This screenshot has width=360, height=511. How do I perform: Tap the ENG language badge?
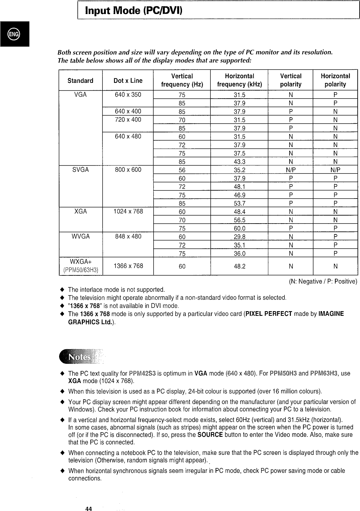(14, 34)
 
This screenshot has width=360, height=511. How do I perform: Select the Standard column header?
(80, 81)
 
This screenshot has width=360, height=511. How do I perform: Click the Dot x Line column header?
(128, 81)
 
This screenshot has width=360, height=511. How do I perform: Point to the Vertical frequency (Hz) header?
(182, 80)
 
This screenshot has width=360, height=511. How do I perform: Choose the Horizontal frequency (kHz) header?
(239, 80)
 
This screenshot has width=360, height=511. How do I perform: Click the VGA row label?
(80, 95)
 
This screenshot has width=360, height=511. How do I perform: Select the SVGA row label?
(80, 170)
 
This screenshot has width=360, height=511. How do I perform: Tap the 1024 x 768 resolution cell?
(128, 212)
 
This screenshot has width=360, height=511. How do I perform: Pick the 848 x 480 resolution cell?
(128, 237)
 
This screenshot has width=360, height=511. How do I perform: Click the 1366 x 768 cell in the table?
(128, 266)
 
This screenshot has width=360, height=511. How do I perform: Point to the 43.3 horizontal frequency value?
(239, 162)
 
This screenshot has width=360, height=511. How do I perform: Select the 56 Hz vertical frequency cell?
(182, 170)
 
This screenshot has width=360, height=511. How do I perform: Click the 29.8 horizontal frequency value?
(239, 237)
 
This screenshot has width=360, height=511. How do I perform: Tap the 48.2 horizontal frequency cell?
(239, 266)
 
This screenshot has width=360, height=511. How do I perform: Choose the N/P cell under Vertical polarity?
(291, 170)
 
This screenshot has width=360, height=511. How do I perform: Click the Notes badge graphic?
(80, 357)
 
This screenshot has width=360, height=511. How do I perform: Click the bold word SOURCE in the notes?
(210, 435)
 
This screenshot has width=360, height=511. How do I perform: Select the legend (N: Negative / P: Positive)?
(323, 281)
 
